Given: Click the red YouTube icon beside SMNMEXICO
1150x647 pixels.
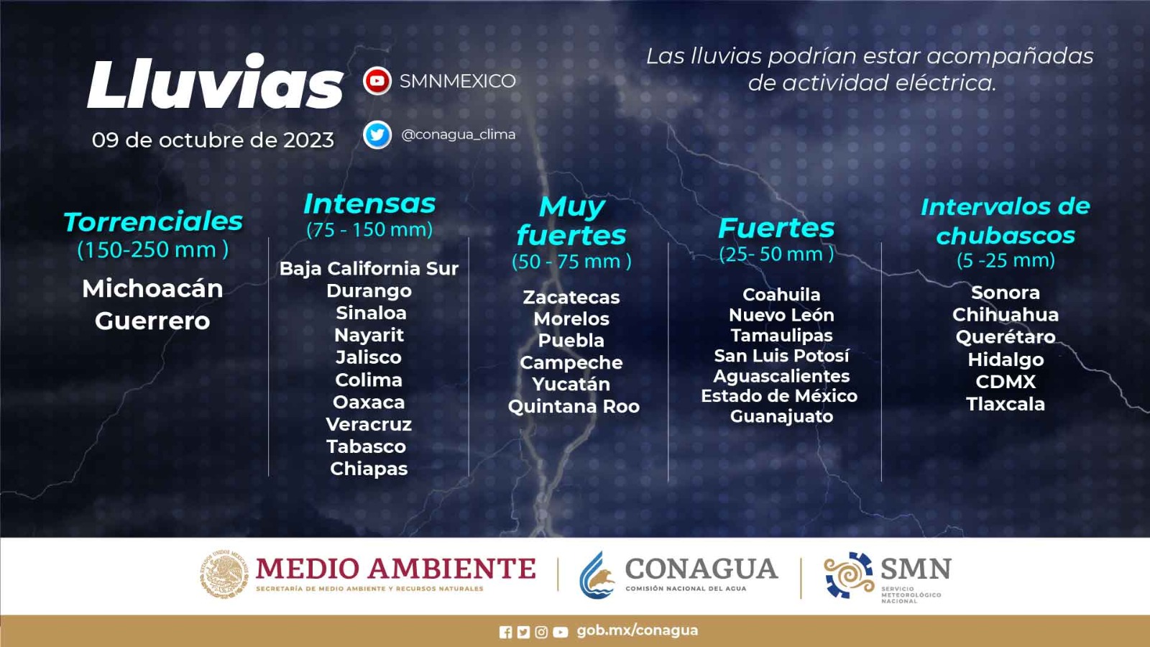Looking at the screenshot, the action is click(377, 81).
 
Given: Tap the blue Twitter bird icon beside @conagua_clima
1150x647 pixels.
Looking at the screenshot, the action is click(377, 135).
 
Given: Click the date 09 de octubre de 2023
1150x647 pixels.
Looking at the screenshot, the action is click(213, 140).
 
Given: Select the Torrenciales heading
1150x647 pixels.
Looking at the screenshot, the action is click(153, 222).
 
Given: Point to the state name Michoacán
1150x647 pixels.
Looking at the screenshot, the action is click(152, 288).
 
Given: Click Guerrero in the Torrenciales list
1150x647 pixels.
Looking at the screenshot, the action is click(152, 321).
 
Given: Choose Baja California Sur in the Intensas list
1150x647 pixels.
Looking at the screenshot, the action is click(369, 269).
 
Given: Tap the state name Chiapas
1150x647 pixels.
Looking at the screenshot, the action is click(369, 469).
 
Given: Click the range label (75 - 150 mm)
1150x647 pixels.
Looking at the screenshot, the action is click(369, 229).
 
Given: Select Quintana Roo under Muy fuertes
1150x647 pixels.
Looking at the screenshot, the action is click(574, 407).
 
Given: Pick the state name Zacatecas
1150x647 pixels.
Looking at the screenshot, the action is click(571, 298).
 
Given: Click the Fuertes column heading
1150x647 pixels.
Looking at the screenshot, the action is click(776, 228).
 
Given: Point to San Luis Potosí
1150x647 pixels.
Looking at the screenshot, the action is click(781, 355).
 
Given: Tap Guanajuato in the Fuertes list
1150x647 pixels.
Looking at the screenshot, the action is click(781, 416).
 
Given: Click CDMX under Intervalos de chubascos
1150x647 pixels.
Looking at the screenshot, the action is click(1006, 382).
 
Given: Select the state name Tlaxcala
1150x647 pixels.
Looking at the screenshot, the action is click(1006, 404).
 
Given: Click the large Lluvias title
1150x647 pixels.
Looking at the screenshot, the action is click(216, 82).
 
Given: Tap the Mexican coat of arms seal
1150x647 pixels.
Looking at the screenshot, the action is click(224, 574).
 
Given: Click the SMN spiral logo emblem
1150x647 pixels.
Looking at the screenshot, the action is click(848, 575).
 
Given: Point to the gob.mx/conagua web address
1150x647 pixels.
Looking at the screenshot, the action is click(637, 630).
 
